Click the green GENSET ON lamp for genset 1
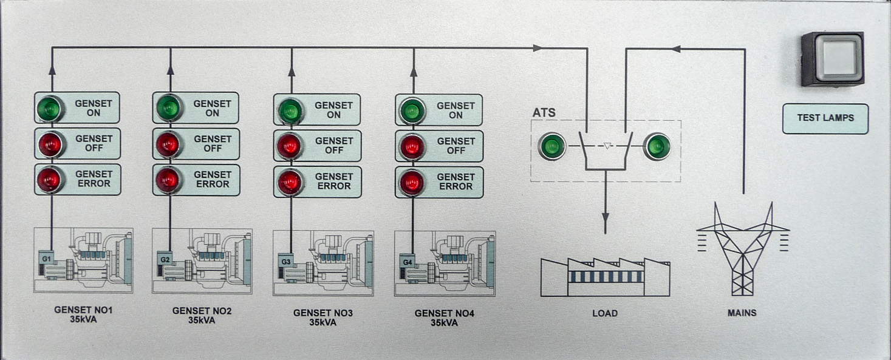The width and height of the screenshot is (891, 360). point(49,109)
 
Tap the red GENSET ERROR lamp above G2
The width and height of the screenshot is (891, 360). point(168,180)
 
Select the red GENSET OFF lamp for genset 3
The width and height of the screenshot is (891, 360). point(290,146)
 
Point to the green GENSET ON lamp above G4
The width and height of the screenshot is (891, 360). point(412,111)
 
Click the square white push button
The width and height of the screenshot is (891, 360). point(832,59)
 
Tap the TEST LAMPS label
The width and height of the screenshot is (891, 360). point(825,118)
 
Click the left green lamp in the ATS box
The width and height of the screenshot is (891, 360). point(551,146)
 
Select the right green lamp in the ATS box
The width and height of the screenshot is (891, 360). point(657,146)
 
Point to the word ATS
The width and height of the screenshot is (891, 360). point(544,113)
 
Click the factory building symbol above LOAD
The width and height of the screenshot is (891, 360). point(605,276)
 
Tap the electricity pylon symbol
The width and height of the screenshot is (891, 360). point(742,249)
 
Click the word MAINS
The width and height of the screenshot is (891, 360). point(742,313)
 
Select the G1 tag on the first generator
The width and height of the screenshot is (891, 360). point(46,259)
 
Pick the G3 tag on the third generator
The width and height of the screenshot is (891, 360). point(287,262)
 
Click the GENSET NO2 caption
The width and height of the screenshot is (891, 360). point(202,311)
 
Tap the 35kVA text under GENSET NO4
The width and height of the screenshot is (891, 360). point(444,323)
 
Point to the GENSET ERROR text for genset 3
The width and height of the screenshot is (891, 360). point(333,182)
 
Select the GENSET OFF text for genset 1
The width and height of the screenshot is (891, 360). point(94,143)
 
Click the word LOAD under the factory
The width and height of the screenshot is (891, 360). point(605,313)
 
